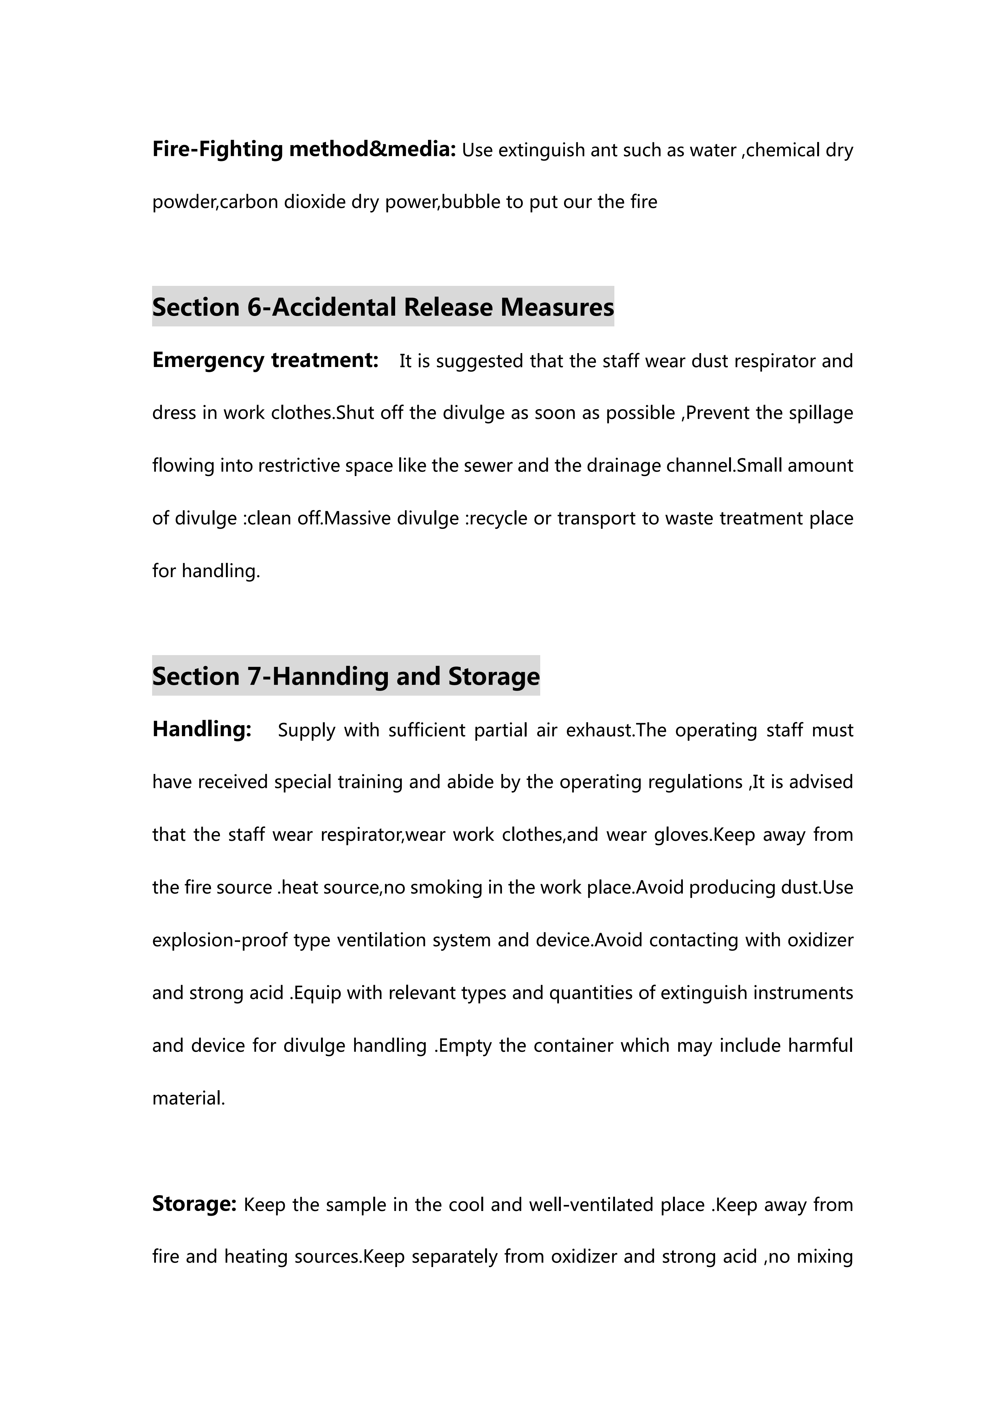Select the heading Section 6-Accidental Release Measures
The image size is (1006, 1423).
[383, 307]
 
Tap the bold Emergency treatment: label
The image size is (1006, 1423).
[265, 360]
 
